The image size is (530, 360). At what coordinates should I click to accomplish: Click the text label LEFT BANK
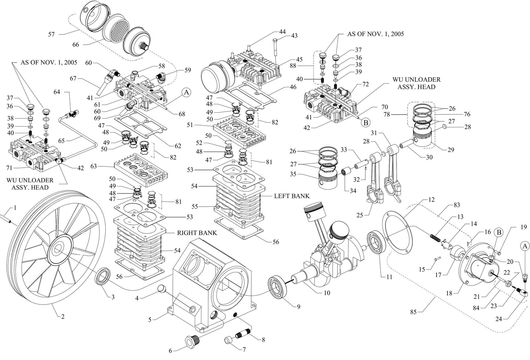[x=292, y=196]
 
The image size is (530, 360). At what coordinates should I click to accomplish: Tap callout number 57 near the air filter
[x=51, y=34]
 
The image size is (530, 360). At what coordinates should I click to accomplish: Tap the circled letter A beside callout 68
[x=186, y=92]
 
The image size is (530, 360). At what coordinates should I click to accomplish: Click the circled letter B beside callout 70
[x=365, y=123]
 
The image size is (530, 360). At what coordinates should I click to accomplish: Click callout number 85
[x=414, y=312]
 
